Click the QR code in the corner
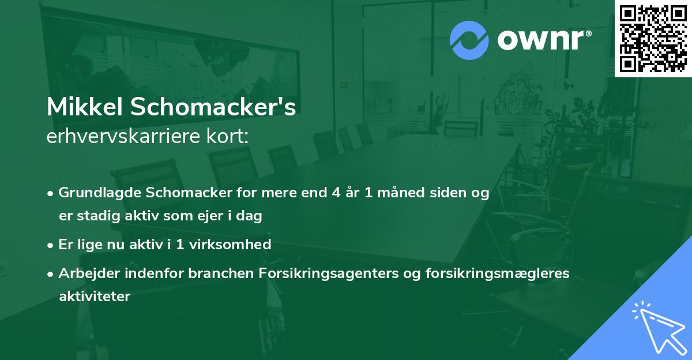pyautogui.click(x=653, y=39)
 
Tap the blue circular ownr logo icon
pyautogui.click(x=469, y=41)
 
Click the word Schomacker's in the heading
pyautogui.click(x=217, y=108)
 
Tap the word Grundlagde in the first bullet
pyautogui.click(x=95, y=193)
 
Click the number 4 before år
pyautogui.click(x=335, y=193)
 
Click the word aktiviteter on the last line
pyautogui.click(x=95, y=297)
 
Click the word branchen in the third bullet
pyautogui.click(x=214, y=273)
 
